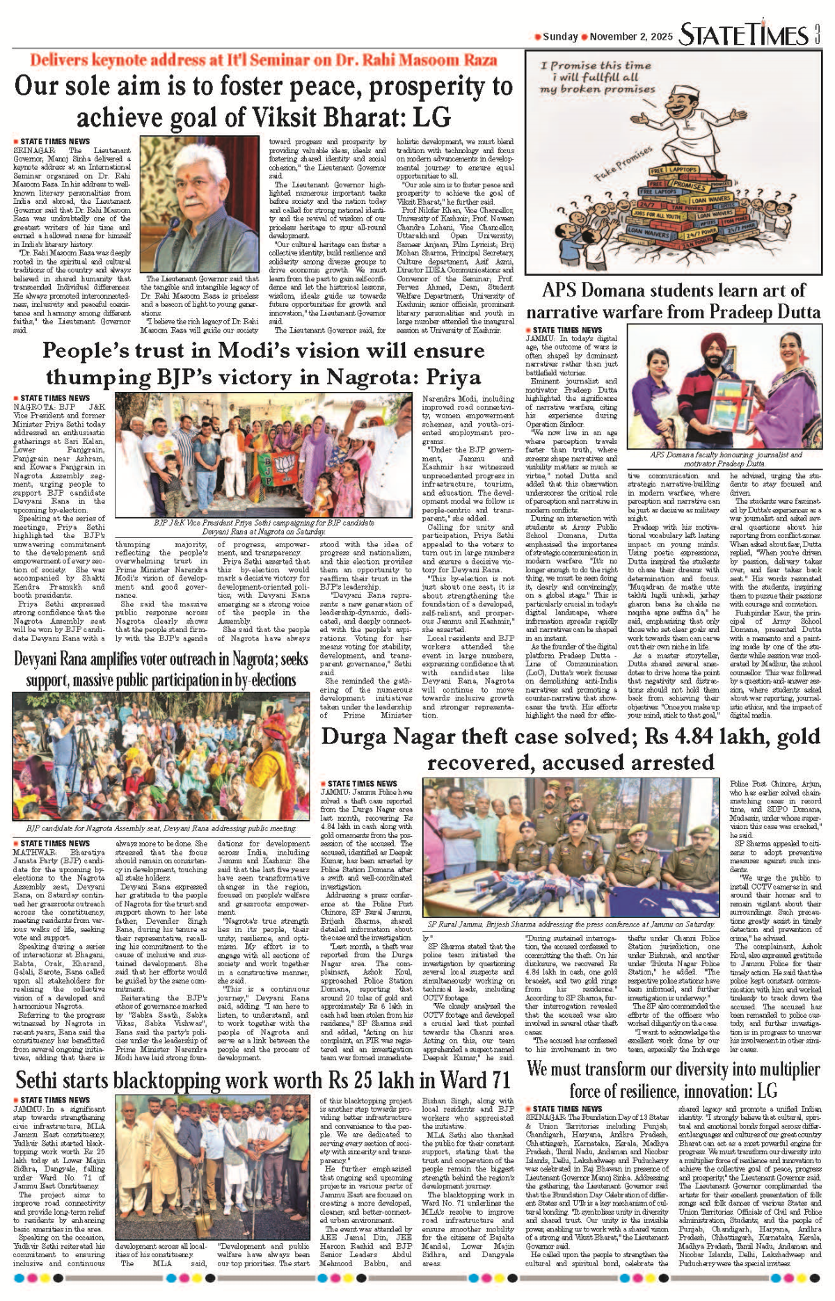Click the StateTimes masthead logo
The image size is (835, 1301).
click(744, 35)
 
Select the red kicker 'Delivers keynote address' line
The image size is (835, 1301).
click(263, 60)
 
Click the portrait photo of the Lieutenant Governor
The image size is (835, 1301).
click(200, 203)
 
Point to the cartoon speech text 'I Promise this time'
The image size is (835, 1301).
click(596, 65)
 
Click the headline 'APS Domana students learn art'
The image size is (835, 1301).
click(673, 291)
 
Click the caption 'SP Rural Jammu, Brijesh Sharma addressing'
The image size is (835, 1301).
click(571, 924)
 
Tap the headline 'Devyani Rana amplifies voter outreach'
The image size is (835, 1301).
click(161, 659)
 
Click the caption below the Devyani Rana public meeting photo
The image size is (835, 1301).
click(161, 828)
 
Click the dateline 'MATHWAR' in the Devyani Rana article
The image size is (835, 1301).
click(34, 852)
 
